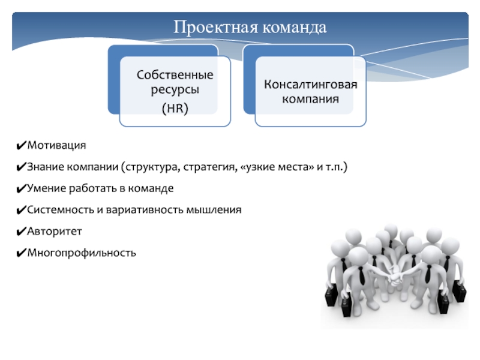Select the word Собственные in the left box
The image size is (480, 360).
pyautogui.click(x=175, y=76)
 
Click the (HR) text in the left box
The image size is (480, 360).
pyautogui.click(x=175, y=109)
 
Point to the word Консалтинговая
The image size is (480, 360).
pyautogui.click(x=310, y=84)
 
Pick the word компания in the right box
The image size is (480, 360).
pyautogui.click(x=310, y=98)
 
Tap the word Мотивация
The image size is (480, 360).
pyautogui.click(x=56, y=146)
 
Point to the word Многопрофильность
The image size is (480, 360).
pyautogui.click(x=82, y=253)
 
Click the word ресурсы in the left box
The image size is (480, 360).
pyautogui.click(x=175, y=89)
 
